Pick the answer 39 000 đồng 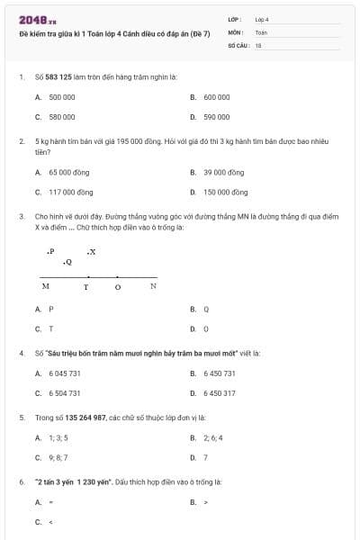(x=223, y=172)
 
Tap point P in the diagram (x=51, y=252)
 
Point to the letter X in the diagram (x=92, y=251)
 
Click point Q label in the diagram (x=68, y=262)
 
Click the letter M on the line (x=46, y=286)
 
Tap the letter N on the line (x=153, y=286)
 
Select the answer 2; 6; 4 (x=212, y=437)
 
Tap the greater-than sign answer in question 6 (x=206, y=502)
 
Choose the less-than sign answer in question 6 (x=50, y=522)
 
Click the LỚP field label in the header (x=235, y=19)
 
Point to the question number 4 (x=21, y=353)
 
